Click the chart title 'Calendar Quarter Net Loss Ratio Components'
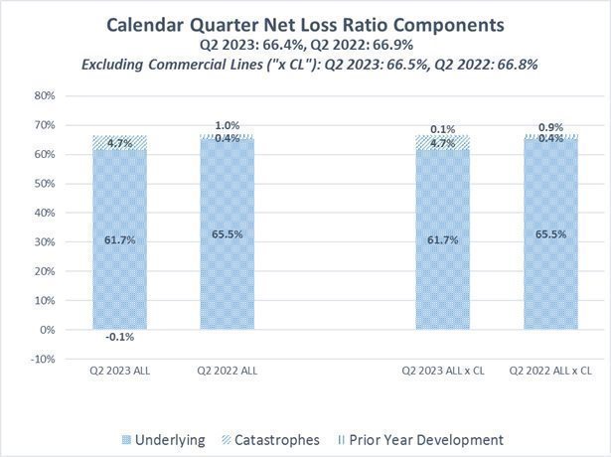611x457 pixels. pyautogui.click(x=305, y=24)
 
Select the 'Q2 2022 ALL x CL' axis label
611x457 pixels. pyautogui.click(x=550, y=370)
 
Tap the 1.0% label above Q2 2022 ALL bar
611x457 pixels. pyautogui.click(x=228, y=125)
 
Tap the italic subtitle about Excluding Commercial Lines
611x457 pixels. pyautogui.click(x=305, y=64)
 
